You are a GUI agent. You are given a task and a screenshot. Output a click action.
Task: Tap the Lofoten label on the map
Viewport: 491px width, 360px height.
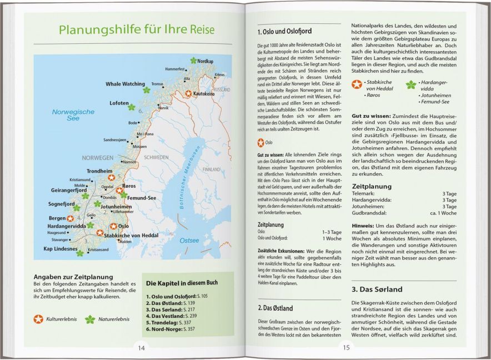(119, 103)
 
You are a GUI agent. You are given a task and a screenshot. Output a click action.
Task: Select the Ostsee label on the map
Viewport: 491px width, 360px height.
(188, 240)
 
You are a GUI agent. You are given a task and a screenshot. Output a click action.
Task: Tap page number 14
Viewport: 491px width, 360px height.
(142, 348)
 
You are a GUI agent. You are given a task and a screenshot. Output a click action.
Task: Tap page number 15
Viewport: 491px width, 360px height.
(346, 348)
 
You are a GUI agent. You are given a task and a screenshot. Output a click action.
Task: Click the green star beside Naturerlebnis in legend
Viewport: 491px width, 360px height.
(90, 319)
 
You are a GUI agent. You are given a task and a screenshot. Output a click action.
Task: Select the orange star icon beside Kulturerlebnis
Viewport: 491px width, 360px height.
(38, 319)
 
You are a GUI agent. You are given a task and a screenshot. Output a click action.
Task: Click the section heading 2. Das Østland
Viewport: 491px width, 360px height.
(275, 308)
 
